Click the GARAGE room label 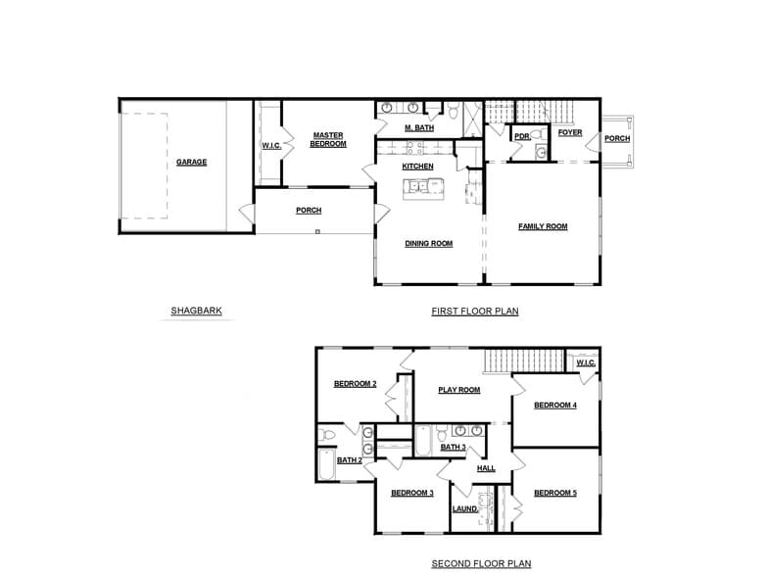pyautogui.click(x=191, y=162)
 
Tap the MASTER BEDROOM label pyautogui.click(x=328, y=139)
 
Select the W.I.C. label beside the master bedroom pyautogui.click(x=271, y=146)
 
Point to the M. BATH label pyautogui.click(x=419, y=127)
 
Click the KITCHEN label pyautogui.click(x=417, y=167)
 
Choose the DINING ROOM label pyautogui.click(x=428, y=243)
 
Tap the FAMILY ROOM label pyautogui.click(x=543, y=226)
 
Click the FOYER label pyautogui.click(x=570, y=132)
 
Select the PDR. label pyautogui.click(x=522, y=137)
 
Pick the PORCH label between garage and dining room pyautogui.click(x=309, y=210)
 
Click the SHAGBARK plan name pyautogui.click(x=196, y=312)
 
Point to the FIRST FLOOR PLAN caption pyautogui.click(x=474, y=312)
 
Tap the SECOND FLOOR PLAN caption pyautogui.click(x=481, y=563)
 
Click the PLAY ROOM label pyautogui.click(x=458, y=390)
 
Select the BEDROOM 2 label pyautogui.click(x=355, y=383)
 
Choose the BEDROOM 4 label pyautogui.click(x=554, y=405)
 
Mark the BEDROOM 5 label pyautogui.click(x=554, y=493)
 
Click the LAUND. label pyautogui.click(x=465, y=509)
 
